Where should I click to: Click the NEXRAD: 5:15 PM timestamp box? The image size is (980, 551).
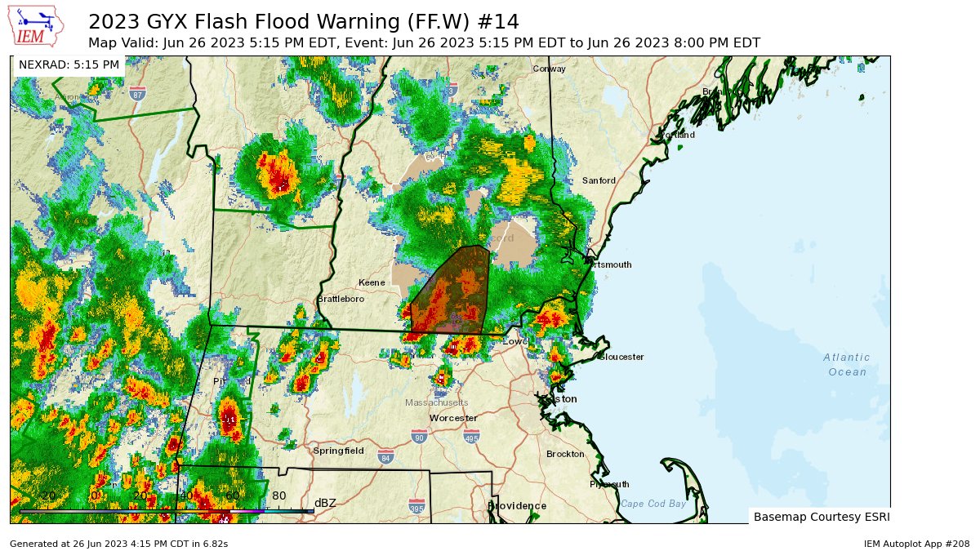69,64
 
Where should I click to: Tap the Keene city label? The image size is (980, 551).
372,282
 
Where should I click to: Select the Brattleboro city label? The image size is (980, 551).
341,300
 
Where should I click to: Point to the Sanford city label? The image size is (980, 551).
599,180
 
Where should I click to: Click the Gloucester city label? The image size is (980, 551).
621,357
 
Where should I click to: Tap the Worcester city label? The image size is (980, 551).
453,418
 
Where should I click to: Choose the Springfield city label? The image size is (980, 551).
338,451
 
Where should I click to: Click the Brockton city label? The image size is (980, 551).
565,454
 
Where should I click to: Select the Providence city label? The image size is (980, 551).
517,506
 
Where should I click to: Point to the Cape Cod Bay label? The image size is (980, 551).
653,504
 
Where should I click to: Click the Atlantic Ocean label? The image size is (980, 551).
847,365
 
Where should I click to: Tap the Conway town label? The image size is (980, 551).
549,69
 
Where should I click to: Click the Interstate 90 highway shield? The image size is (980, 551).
419,436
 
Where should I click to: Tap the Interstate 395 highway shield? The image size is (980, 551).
416,507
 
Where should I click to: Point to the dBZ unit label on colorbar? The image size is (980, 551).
325,503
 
